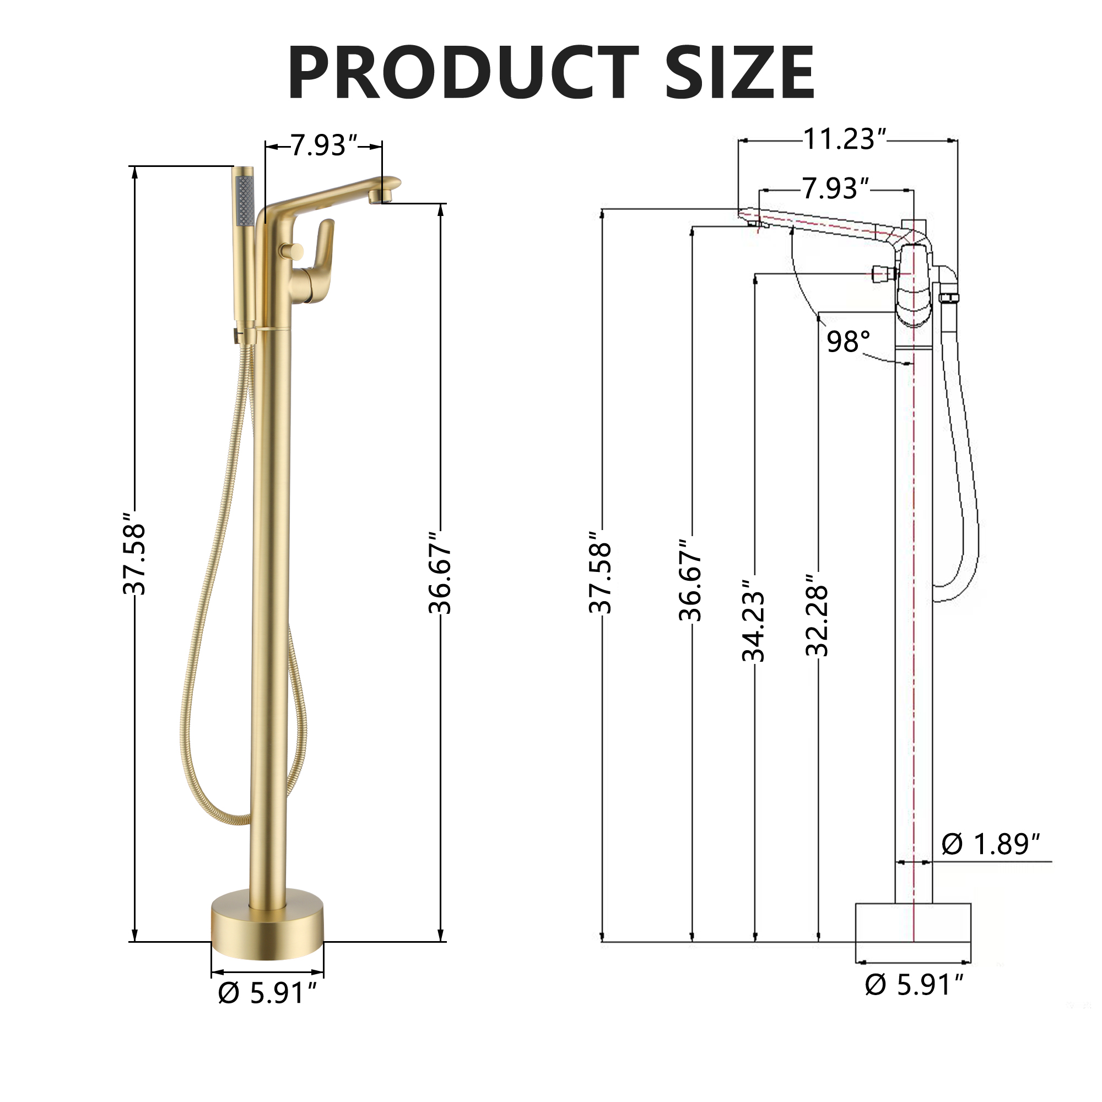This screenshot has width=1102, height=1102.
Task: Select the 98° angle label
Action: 848,342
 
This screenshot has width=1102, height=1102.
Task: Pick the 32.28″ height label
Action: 817,620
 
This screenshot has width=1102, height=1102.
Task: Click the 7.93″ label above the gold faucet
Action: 323,145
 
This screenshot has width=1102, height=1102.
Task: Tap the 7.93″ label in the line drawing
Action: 836,189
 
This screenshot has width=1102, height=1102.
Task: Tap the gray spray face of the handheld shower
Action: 244,200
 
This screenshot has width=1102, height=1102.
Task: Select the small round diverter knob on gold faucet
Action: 291,250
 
